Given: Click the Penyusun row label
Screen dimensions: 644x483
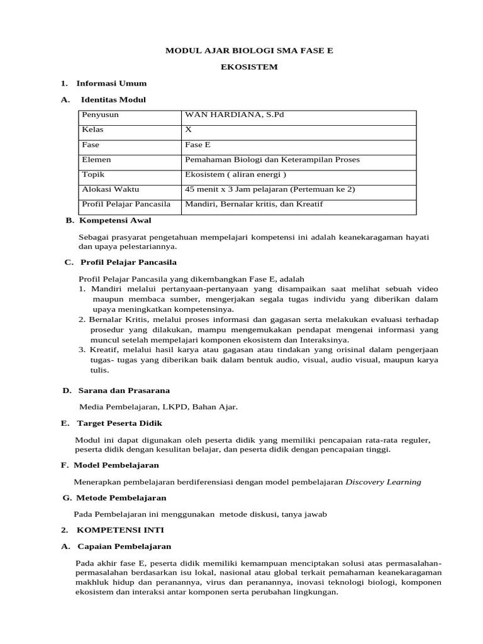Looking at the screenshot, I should point(101,114).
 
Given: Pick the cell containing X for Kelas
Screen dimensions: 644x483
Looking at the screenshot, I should point(188,130).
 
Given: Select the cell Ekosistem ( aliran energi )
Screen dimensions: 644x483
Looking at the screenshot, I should point(235,175).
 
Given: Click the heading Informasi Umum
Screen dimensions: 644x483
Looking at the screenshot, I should point(111,83).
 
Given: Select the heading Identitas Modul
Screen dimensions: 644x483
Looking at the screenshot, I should point(113,99).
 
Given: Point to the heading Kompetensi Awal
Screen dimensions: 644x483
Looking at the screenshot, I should point(114,220).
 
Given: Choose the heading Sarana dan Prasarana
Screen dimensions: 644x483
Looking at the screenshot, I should point(124,391).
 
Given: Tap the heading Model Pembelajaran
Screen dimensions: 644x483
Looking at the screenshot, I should point(116,465).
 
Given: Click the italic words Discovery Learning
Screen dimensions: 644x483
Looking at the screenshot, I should point(384,482).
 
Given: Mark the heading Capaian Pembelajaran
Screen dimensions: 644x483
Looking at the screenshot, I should point(124,547).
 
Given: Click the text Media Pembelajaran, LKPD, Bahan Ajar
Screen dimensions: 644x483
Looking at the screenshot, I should point(158,407).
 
